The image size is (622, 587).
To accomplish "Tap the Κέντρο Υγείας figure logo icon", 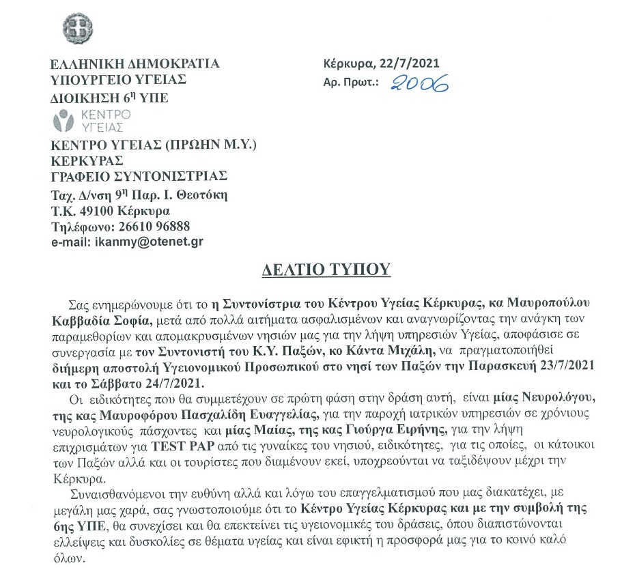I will pyautogui.click(x=63, y=122).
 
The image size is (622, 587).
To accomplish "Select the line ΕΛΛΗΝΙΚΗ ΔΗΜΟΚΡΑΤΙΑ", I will pyautogui.click(x=135, y=65).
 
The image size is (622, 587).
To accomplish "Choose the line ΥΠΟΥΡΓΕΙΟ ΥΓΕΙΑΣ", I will pyautogui.click(x=119, y=80).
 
